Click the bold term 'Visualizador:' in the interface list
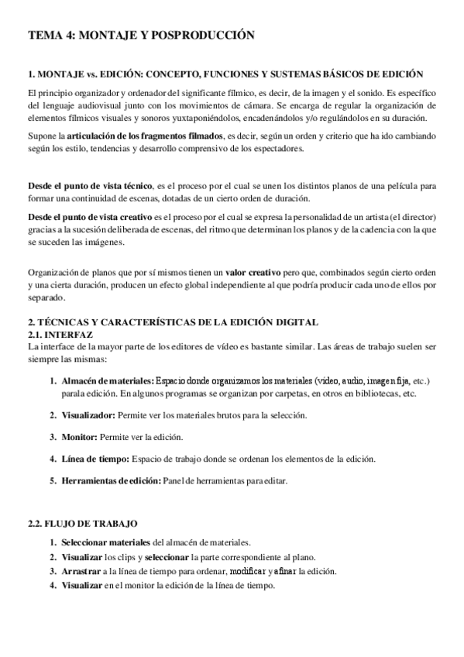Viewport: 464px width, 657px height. [x=88, y=415]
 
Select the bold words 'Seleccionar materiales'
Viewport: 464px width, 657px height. [x=107, y=543]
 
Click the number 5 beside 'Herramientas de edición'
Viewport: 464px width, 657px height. [x=53, y=480]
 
